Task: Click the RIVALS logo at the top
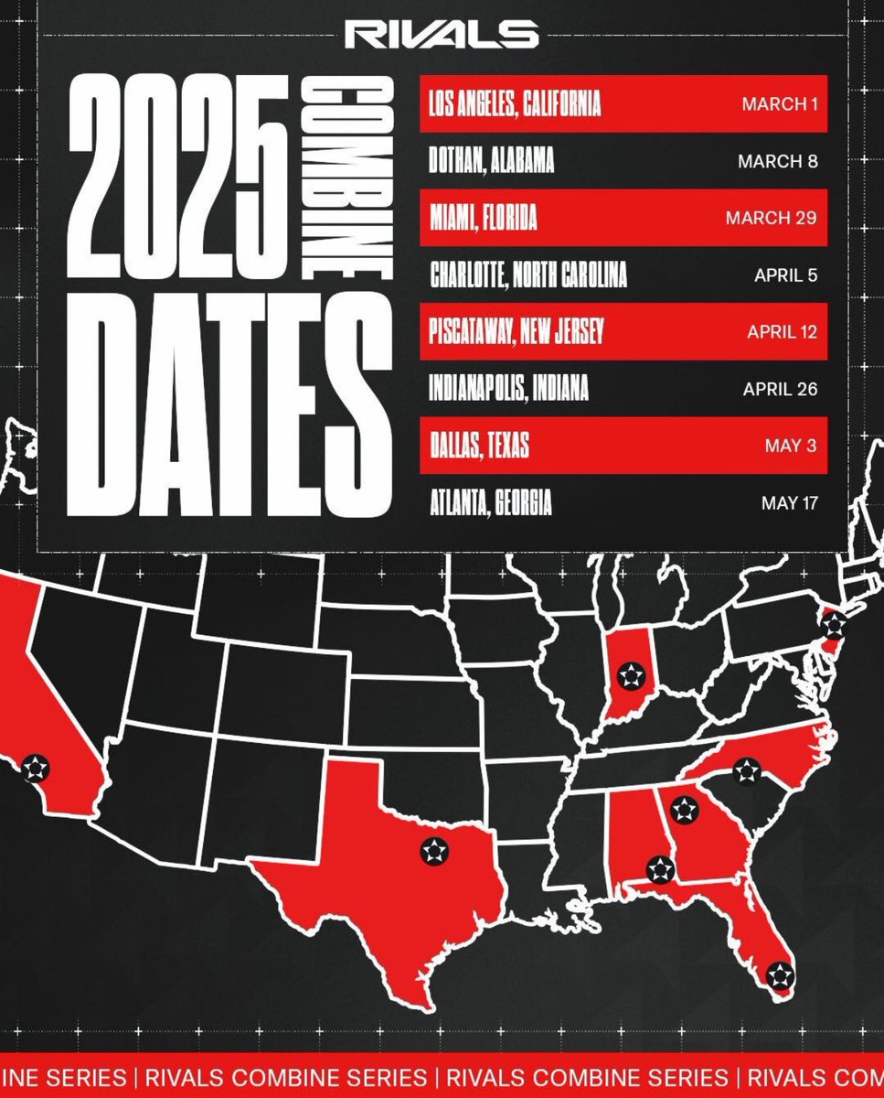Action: [441, 35]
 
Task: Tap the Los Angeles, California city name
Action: [515, 104]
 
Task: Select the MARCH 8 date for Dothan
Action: [777, 161]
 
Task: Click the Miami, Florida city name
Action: [482, 218]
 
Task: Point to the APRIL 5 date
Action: [785, 274]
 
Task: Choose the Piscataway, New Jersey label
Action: [516, 331]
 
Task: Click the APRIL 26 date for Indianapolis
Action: [780, 388]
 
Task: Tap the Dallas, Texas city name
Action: [478, 446]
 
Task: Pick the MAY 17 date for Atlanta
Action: [789, 502]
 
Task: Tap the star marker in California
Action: [34, 767]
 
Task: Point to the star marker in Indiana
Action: [630, 676]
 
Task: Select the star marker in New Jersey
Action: [833, 626]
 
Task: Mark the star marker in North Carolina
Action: [747, 770]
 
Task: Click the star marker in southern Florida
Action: [779, 975]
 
